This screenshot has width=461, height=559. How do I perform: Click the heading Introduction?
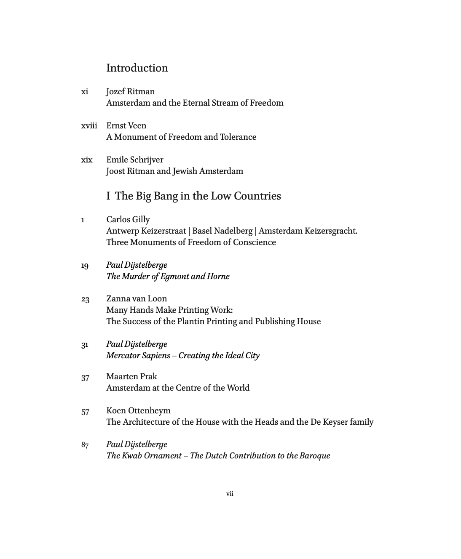pos(137,68)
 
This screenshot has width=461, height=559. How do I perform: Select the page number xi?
pos(85,92)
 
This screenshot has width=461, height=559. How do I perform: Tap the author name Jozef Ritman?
pos(130,92)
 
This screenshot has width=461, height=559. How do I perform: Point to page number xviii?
pos(89,126)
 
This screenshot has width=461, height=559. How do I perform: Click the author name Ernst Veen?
pos(126,126)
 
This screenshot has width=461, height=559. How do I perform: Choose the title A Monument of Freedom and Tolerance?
pos(181,137)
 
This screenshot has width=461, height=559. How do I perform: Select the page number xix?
pos(87,160)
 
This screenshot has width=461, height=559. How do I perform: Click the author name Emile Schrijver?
pos(134,160)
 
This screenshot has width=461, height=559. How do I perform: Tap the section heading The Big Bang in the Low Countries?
pos(198,196)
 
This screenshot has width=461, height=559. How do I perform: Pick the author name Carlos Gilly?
pos(128,220)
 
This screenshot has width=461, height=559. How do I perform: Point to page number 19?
pos(85,266)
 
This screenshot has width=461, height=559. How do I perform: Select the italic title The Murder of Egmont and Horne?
pos(168,277)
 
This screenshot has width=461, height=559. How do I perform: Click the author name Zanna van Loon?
pos(137,299)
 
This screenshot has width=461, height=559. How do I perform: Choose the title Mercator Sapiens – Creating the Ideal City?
pos(182,356)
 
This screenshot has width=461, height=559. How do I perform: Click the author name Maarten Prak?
pos(131,377)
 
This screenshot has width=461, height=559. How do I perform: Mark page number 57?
pos(85,412)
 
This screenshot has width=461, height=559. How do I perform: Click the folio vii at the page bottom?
pos(230,494)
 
